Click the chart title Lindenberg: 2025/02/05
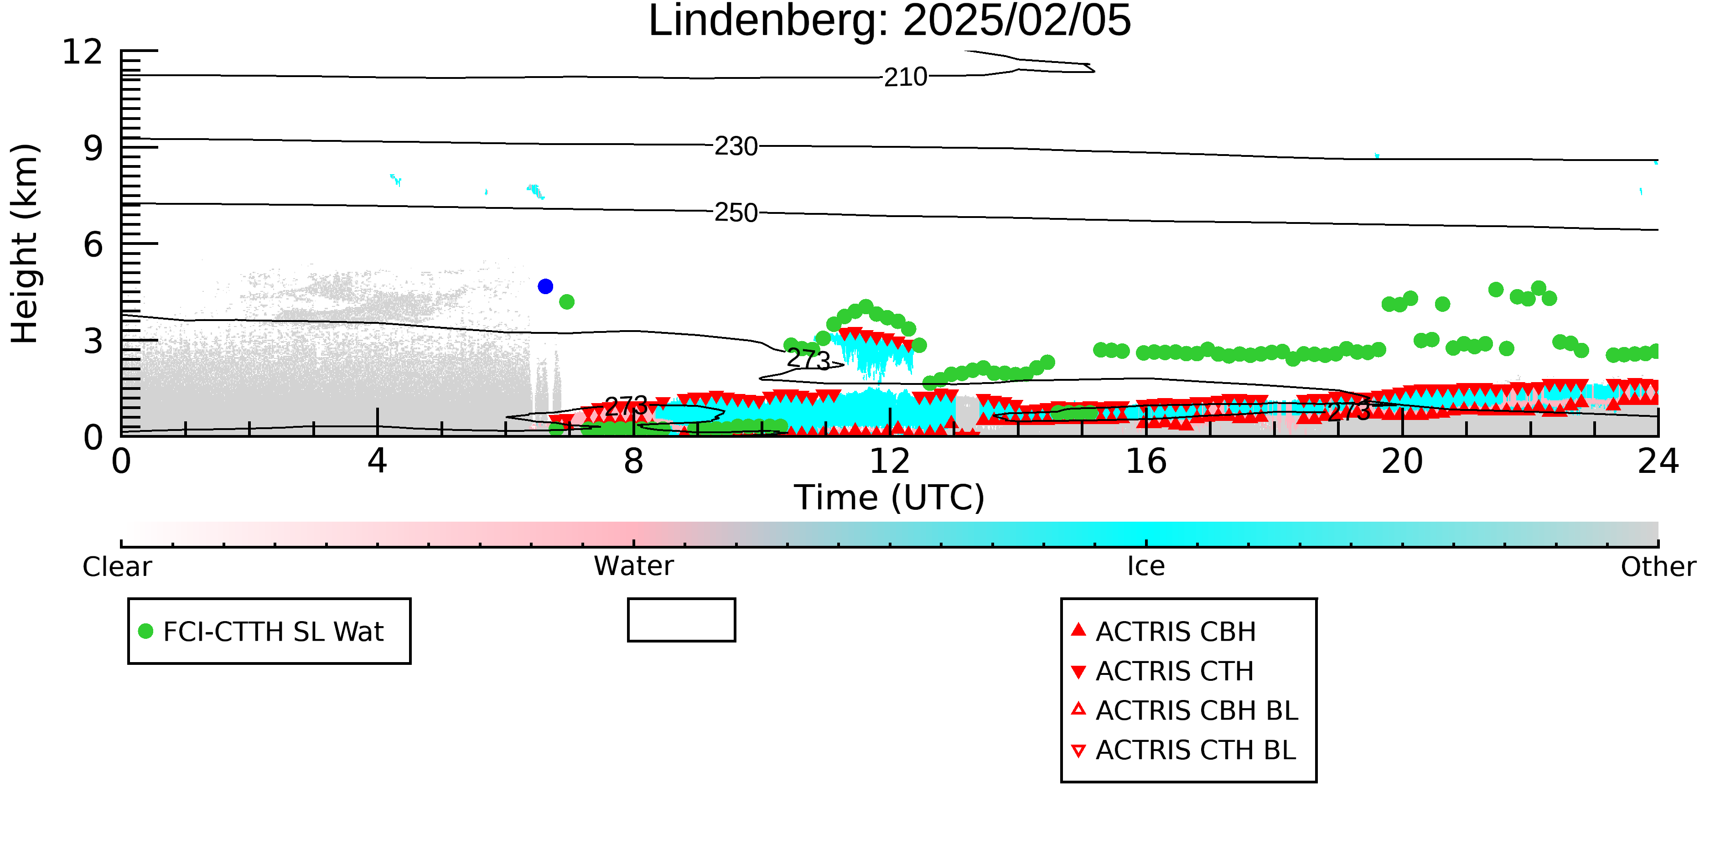pyautogui.click(x=890, y=21)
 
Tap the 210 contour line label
pyautogui.click(x=906, y=77)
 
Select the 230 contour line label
pyautogui.click(x=736, y=146)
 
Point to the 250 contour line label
pyautogui.click(x=736, y=212)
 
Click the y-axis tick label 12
pyautogui.click(x=83, y=52)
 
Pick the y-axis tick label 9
pyautogui.click(x=93, y=148)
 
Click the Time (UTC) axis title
pyautogui.click(x=890, y=498)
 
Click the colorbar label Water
pyautogui.click(x=634, y=566)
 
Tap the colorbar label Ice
pyautogui.click(x=1146, y=566)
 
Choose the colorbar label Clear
pyautogui.click(x=117, y=567)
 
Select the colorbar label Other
pyautogui.click(x=1658, y=567)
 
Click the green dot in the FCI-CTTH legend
pyautogui.click(x=145, y=631)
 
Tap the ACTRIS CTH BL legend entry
pyautogui.click(x=1184, y=750)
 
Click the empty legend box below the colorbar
pyautogui.click(x=682, y=600)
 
